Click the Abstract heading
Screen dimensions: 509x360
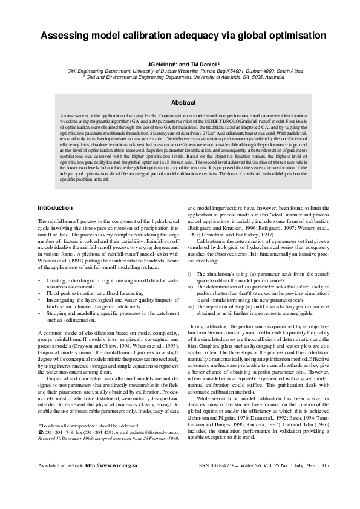(183, 103)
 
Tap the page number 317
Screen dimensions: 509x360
(325, 482)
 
